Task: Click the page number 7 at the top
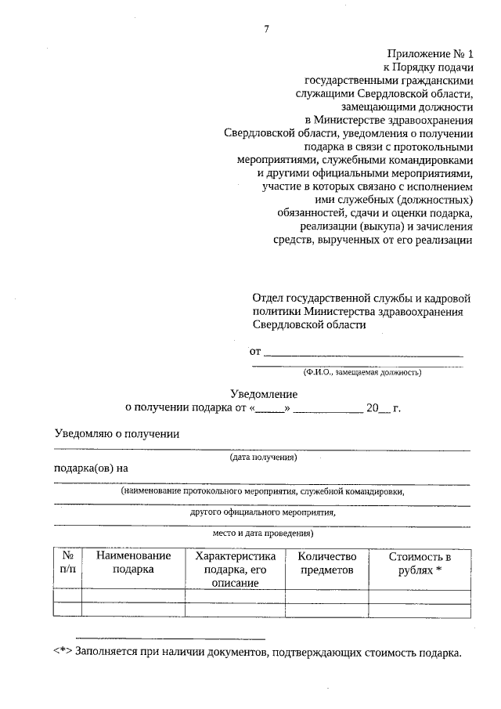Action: pos(267,30)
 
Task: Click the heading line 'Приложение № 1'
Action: pos(431,54)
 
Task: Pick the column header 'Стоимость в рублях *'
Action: pos(420,562)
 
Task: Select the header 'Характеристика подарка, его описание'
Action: pos(235,569)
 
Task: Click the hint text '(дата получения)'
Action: pos(263,457)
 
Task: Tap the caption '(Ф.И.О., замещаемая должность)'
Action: pos(362,372)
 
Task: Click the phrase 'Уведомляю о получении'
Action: pos(117,433)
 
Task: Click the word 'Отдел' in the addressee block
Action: pos(268,298)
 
